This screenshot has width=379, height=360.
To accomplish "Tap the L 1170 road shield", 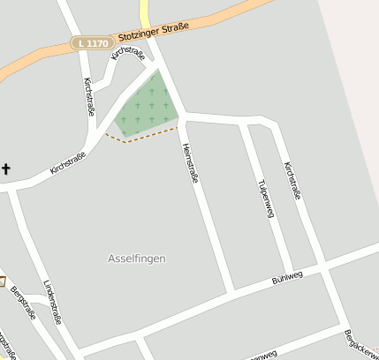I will pyautogui.click(x=93, y=42).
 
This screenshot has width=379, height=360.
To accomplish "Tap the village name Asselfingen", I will pyautogui.click(x=136, y=259).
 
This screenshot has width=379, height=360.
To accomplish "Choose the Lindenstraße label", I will pyautogui.click(x=52, y=302).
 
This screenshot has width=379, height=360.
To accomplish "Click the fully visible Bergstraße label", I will pyautogui.click(x=23, y=303).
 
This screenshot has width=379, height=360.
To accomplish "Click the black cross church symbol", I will pyautogui.click(x=6, y=168).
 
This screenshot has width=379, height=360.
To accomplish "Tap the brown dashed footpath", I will pyautogui.click(x=141, y=137).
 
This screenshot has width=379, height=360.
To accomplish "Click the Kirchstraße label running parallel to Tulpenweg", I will pyautogui.click(x=292, y=179).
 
